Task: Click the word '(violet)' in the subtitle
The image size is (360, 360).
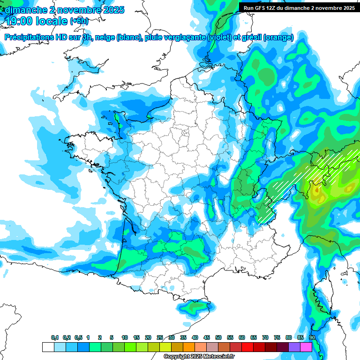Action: [x=219, y=37]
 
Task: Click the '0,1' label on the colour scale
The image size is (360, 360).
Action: [x=54, y=338]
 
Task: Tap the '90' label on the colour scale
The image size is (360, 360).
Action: [x=312, y=338]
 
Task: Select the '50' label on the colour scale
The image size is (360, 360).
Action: [x=218, y=338]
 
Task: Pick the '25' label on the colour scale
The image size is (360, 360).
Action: [x=160, y=338]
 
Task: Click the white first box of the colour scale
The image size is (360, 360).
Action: [x=48, y=347]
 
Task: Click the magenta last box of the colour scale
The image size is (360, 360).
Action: [x=306, y=347]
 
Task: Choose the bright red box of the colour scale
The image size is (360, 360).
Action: [x=247, y=347]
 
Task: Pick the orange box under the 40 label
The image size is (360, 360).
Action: [x=189, y=347]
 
